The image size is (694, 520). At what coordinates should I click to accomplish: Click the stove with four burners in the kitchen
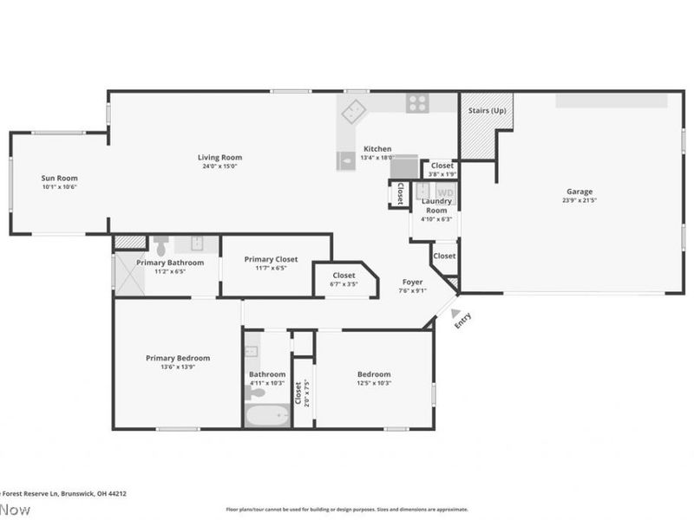click(417, 103)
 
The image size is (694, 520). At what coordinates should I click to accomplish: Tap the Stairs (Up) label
click(487, 111)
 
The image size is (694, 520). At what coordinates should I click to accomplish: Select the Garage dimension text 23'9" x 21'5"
click(579, 200)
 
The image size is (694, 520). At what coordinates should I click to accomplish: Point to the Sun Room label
click(60, 179)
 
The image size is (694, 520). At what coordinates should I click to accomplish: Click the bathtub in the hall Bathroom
click(267, 416)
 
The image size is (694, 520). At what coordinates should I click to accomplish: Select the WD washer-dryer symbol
click(444, 192)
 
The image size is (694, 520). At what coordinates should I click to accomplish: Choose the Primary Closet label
click(271, 259)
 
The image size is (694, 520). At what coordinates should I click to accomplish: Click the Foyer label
click(412, 283)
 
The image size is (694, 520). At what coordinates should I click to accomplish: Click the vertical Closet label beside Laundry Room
click(400, 192)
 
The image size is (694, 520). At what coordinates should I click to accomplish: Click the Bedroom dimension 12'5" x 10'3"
click(375, 382)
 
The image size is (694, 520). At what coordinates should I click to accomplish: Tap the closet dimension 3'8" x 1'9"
click(442, 173)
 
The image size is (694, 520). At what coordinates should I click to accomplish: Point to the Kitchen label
click(377, 149)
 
